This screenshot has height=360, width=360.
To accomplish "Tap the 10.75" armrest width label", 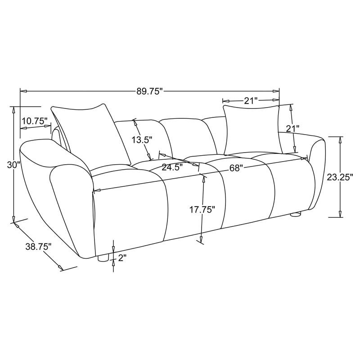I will [34, 121].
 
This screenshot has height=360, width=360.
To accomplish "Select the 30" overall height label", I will [14, 165].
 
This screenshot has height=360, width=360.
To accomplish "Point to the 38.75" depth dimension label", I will [39, 246].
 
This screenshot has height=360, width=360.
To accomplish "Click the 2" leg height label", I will [122, 258].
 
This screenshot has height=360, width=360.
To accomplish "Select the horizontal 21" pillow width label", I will [250, 101].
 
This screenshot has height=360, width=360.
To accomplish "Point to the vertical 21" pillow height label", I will [292, 129].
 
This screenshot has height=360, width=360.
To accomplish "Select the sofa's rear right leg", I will [295, 215].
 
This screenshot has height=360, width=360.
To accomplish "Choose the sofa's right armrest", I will [317, 171].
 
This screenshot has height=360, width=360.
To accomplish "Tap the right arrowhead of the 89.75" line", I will [277, 91].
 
